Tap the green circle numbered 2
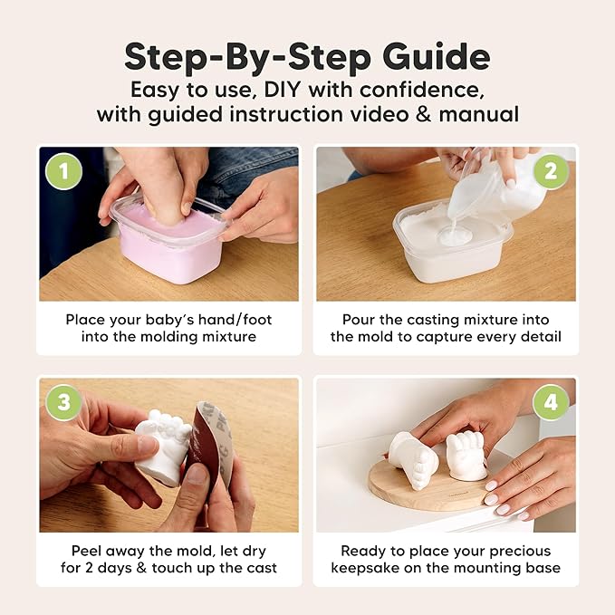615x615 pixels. coord(551,170)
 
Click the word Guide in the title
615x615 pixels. coord(433,56)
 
